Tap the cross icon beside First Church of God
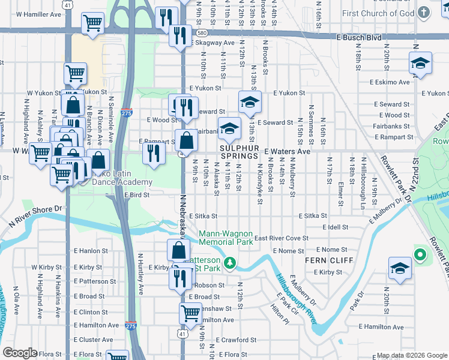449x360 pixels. (423, 13)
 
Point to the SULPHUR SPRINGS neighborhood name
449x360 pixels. (238, 152)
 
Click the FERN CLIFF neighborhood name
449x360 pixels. (324, 261)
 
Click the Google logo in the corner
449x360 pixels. (20, 353)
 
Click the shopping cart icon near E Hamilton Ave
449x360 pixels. (190, 312)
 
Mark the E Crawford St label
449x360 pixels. (237, 340)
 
